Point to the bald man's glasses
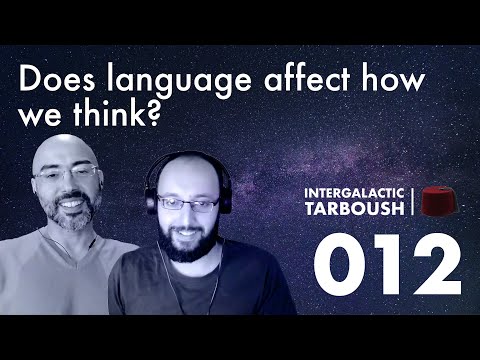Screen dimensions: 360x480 pyautogui.click(x=67, y=176)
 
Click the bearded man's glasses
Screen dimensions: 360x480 pyautogui.click(x=187, y=204)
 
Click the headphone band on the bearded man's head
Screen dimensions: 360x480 pyautogui.click(x=185, y=160)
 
